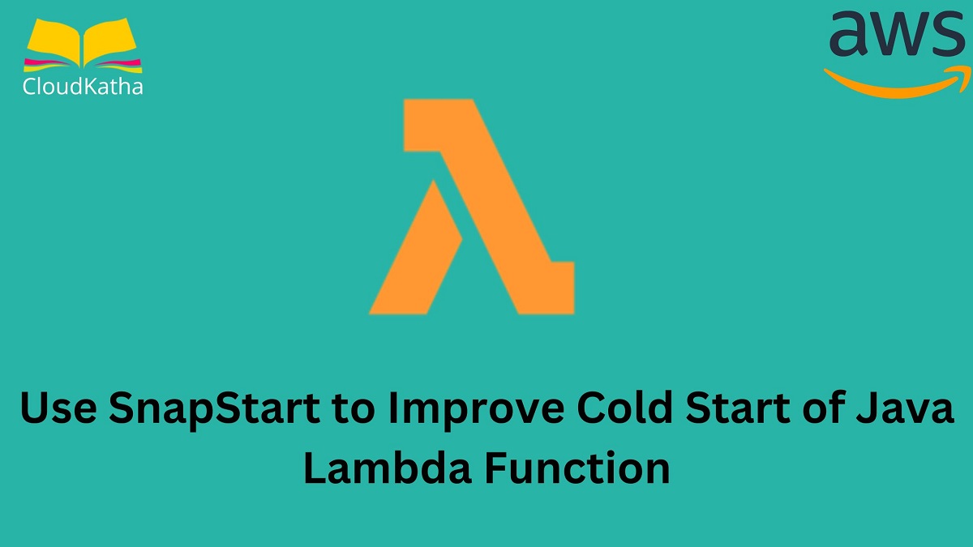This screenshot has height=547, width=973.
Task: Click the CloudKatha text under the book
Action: coord(83,86)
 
